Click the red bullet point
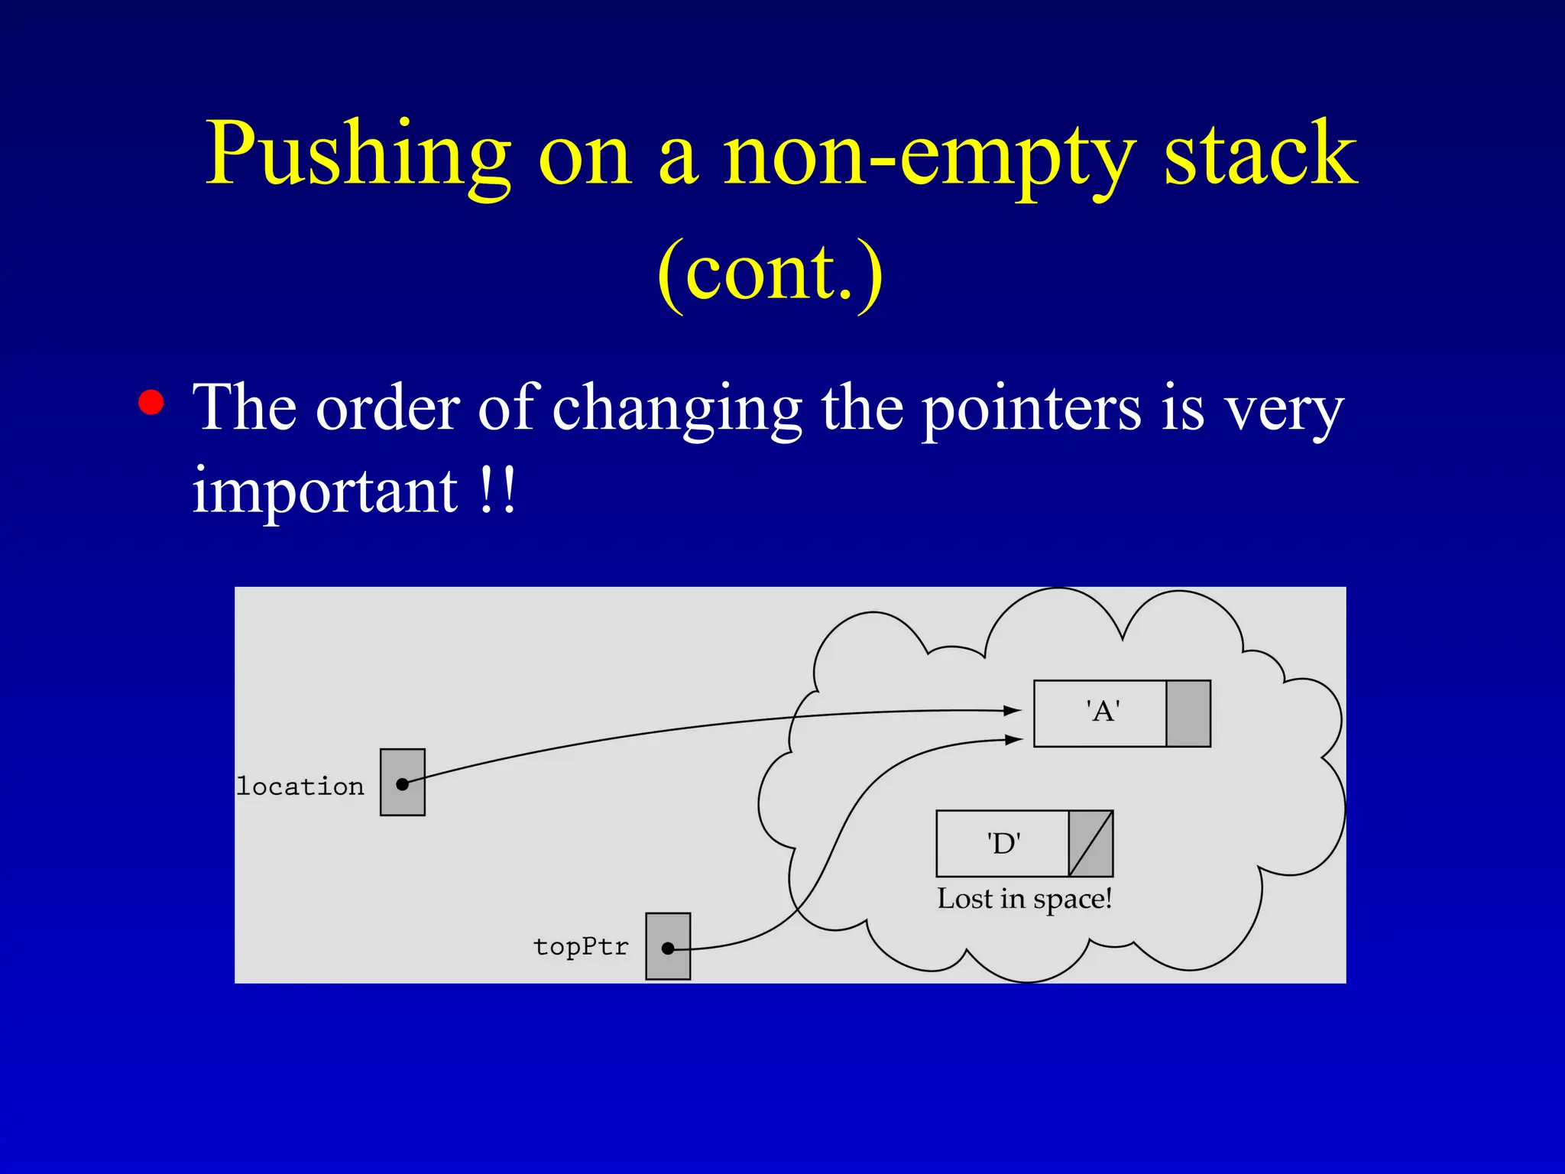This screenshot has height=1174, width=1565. coord(151,402)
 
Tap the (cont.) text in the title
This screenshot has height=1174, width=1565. coord(770,272)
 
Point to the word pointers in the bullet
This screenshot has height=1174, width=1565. coord(1032,410)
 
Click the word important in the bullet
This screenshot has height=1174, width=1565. coord(325,491)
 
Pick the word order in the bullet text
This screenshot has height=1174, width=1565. coord(388,408)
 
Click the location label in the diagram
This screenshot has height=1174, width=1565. coord(300,786)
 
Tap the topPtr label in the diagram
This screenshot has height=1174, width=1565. coord(581,946)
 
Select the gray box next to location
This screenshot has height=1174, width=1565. coord(403,782)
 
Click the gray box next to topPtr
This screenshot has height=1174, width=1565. coord(668,946)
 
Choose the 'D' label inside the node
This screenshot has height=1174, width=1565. coord(1003,844)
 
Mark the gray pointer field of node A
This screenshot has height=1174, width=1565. coord(1188,713)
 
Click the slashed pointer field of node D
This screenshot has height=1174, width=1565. coord(1090,844)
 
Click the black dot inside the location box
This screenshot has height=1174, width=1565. coord(402,784)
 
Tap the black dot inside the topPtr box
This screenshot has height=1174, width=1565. coord(668,949)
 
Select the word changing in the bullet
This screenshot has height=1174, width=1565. coord(677,410)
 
